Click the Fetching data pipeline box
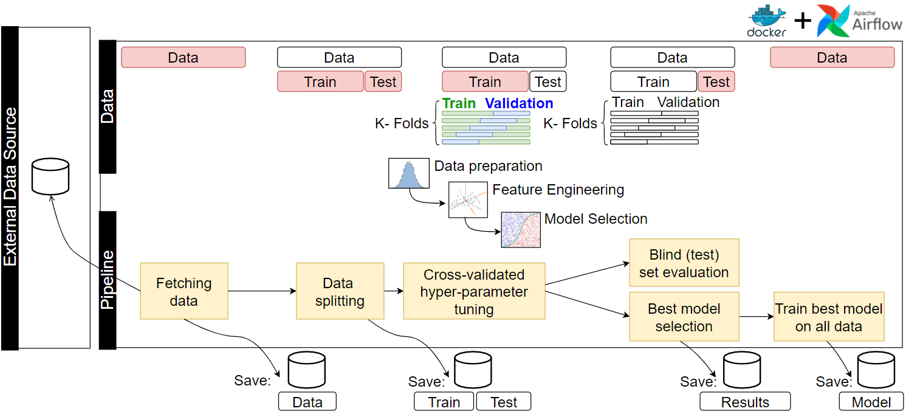pyautogui.click(x=184, y=291)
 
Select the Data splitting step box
pyautogui.click(x=340, y=291)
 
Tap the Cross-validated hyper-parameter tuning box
pyautogui.click(x=474, y=291)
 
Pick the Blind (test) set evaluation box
pyautogui.click(x=684, y=263)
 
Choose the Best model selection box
pyautogui.click(x=684, y=317)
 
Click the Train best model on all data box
pyautogui.click(x=829, y=317)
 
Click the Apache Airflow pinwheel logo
pyautogui.click(x=833, y=21)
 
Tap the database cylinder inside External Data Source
pyautogui.click(x=50, y=177)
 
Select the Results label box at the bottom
pyautogui.click(x=745, y=402)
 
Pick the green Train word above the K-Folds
pyautogui.click(x=459, y=103)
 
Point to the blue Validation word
pyautogui.click(x=519, y=103)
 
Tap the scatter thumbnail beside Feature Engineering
pyautogui.click(x=468, y=199)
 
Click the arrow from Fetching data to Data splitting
pyautogui.click(x=261, y=291)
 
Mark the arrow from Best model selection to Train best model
pyautogui.click(x=756, y=317)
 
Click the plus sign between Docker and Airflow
pyautogui.click(x=803, y=21)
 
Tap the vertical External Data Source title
pyautogui.click(x=10, y=187)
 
